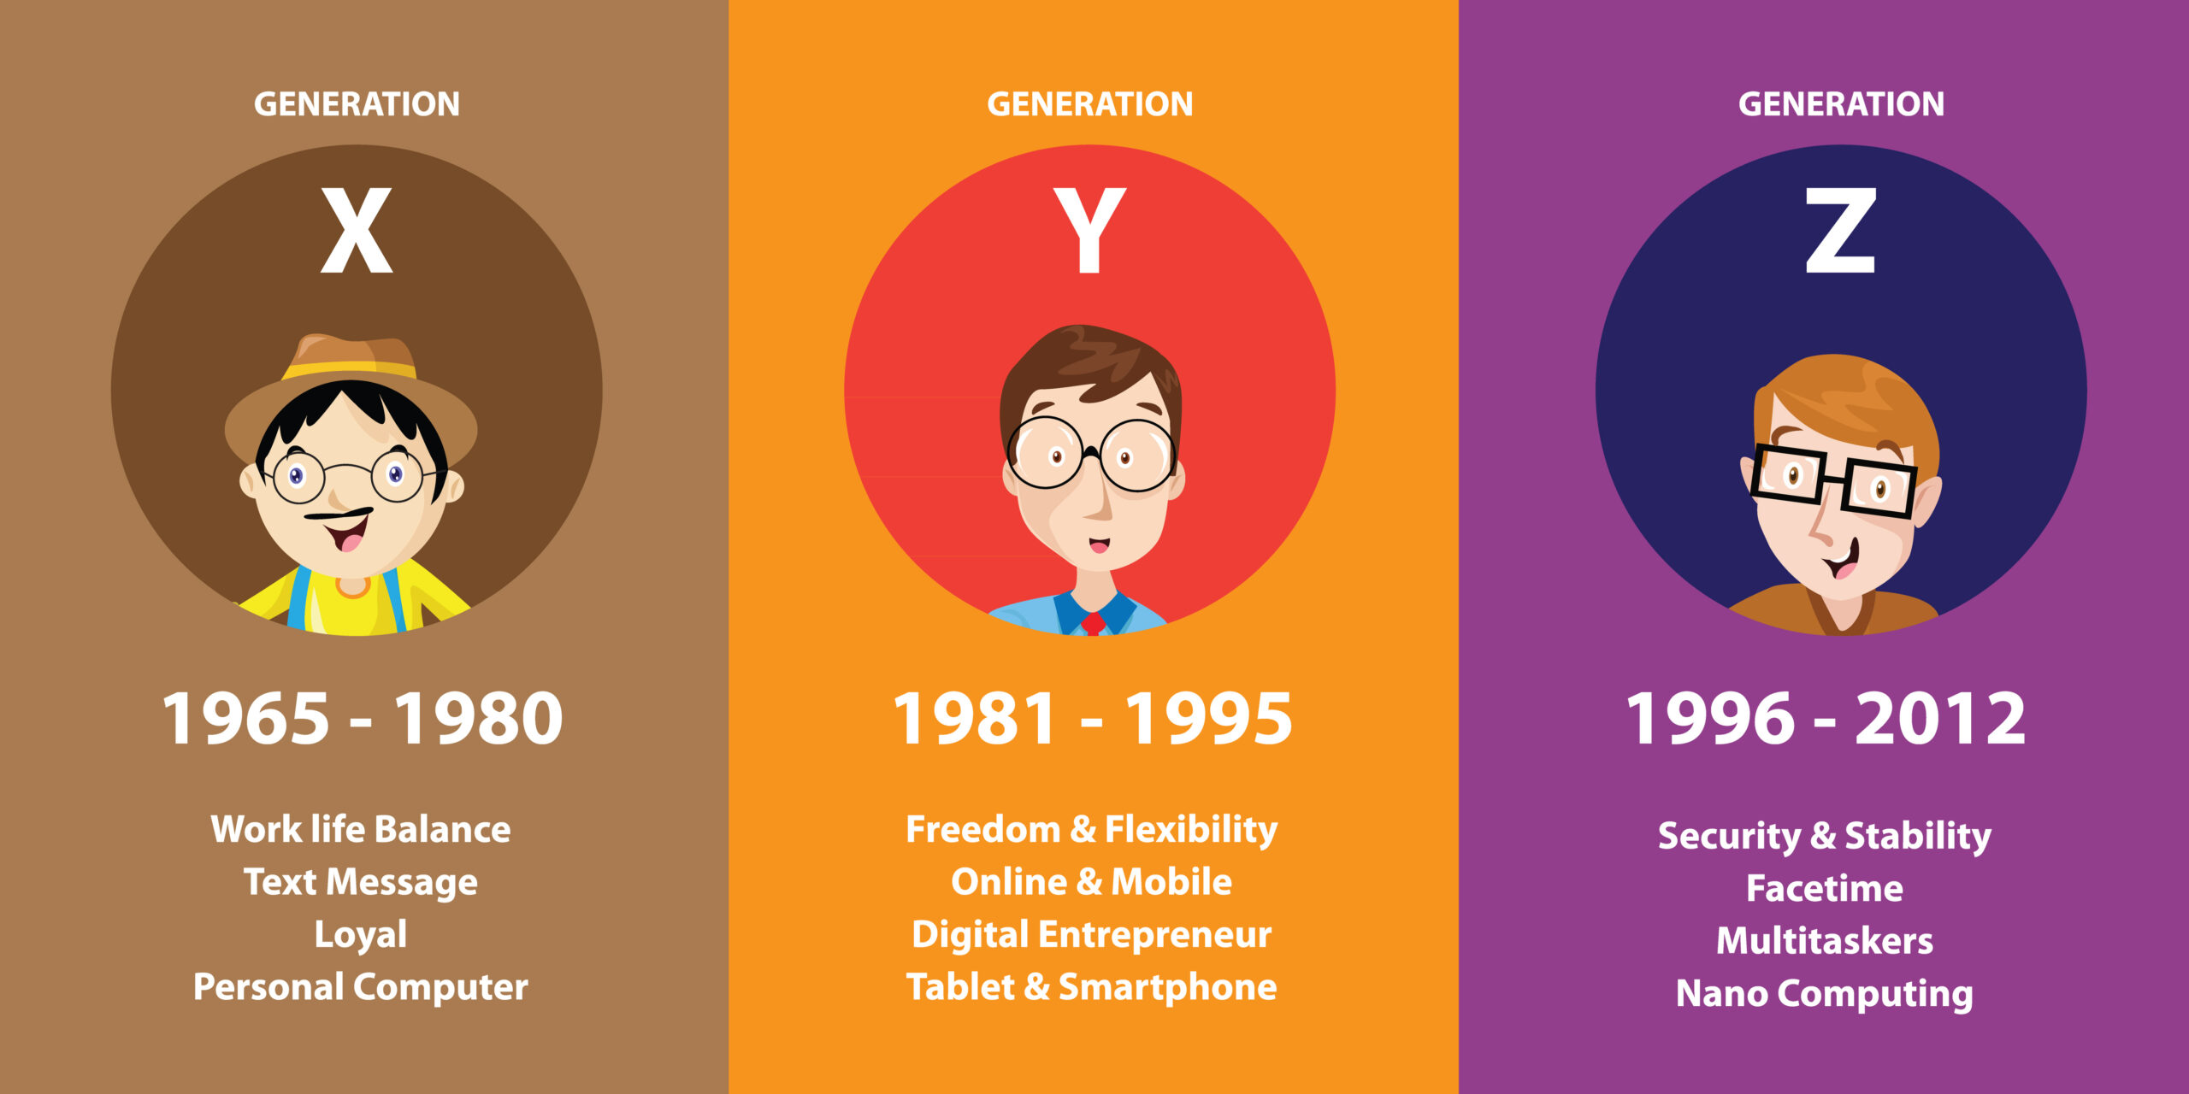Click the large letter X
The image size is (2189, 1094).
[357, 231]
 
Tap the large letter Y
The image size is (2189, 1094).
[1089, 231]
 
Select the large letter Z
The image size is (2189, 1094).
[1840, 231]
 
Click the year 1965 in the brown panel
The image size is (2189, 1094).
[245, 718]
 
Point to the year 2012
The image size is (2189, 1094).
[1940, 718]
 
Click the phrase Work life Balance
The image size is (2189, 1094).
[361, 829]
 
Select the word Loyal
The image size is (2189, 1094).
[361, 935]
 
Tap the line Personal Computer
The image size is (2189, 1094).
[361, 988]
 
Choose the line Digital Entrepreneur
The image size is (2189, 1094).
[1092, 935]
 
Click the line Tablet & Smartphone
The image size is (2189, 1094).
[1092, 987]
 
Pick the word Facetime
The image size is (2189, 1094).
[1825, 889]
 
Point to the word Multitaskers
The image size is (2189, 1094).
[1825, 941]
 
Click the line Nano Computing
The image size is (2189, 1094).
[1825, 994]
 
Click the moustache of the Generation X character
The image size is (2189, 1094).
[339, 515]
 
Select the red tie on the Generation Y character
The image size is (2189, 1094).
[1093, 622]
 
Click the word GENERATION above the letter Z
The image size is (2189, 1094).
[1841, 104]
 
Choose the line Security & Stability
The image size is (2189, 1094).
[1825, 836]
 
